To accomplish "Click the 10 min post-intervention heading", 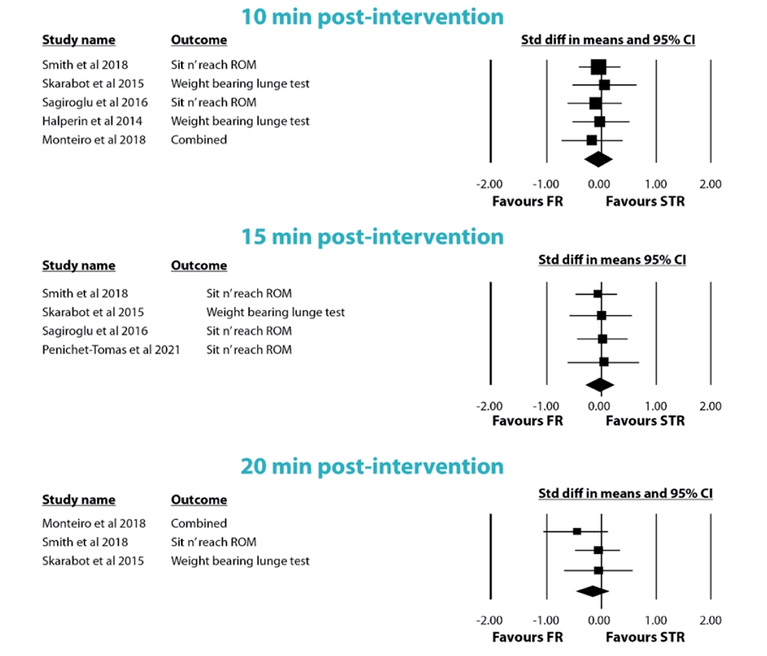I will coord(373,16).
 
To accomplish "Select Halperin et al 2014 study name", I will coord(92,121).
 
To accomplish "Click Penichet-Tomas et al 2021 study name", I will coord(111,350).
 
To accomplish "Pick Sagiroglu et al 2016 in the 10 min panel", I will coord(95,102).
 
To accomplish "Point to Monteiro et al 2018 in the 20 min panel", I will coord(94,523).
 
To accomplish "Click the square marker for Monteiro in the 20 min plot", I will coord(577,531).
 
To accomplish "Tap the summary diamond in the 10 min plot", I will coord(598,159).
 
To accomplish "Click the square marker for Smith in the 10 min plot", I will coord(598,67).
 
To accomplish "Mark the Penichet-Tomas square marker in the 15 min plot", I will coord(604,362).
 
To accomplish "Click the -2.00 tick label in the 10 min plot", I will coord(489,184).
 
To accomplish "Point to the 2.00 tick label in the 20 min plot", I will coord(710,620).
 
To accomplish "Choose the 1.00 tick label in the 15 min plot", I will coord(655,406).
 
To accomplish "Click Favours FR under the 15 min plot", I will coord(528,421).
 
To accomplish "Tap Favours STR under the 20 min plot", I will coord(645,636).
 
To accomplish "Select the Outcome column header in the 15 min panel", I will coord(199,266).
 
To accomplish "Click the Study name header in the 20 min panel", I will coord(78,500).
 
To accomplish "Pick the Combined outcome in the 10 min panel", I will coord(199,139).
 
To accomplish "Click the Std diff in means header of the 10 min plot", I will coord(608,40).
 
